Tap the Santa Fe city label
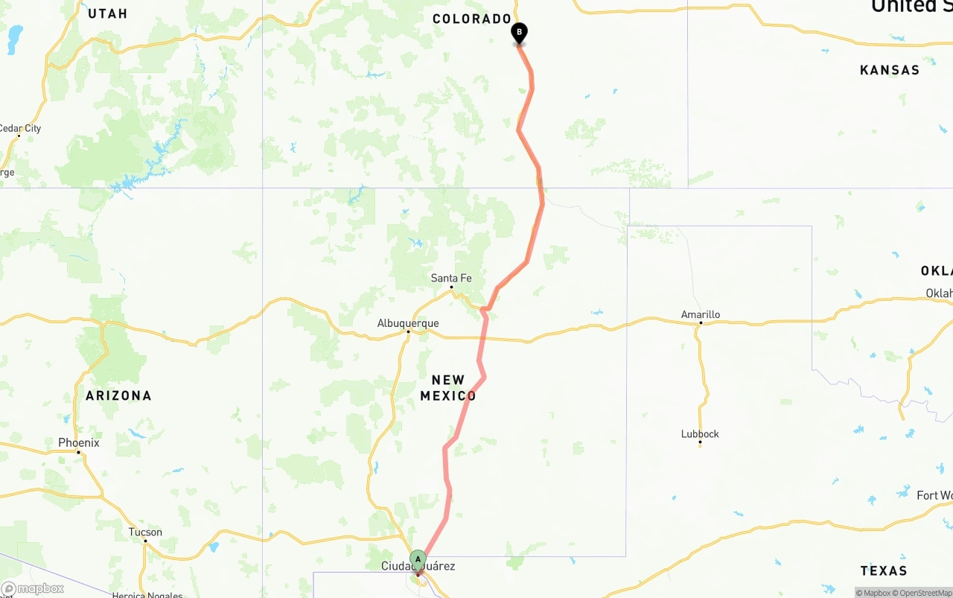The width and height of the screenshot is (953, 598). click(x=451, y=278)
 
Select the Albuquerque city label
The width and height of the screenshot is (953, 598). click(x=408, y=323)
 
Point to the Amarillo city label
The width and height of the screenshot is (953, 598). click(x=701, y=314)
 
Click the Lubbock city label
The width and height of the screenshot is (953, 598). click(x=700, y=433)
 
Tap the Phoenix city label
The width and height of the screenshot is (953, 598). click(x=79, y=442)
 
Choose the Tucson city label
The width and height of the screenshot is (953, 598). click(x=145, y=532)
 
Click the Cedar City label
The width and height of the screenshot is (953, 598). click(x=20, y=128)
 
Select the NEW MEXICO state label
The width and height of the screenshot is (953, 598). click(x=448, y=388)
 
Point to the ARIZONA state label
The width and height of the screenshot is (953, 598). click(x=118, y=395)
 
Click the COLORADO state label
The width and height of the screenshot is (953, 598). click(x=472, y=19)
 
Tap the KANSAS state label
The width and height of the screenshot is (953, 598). click(x=890, y=70)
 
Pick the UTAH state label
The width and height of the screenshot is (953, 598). click(x=108, y=13)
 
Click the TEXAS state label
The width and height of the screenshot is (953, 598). click(x=884, y=570)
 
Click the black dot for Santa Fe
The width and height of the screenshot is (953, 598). click(x=451, y=287)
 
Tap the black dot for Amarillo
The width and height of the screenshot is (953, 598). click(x=701, y=323)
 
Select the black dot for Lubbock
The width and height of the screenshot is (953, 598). click(x=700, y=443)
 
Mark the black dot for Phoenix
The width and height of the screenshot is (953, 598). click(x=78, y=452)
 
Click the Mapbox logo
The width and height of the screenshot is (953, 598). click(x=32, y=588)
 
